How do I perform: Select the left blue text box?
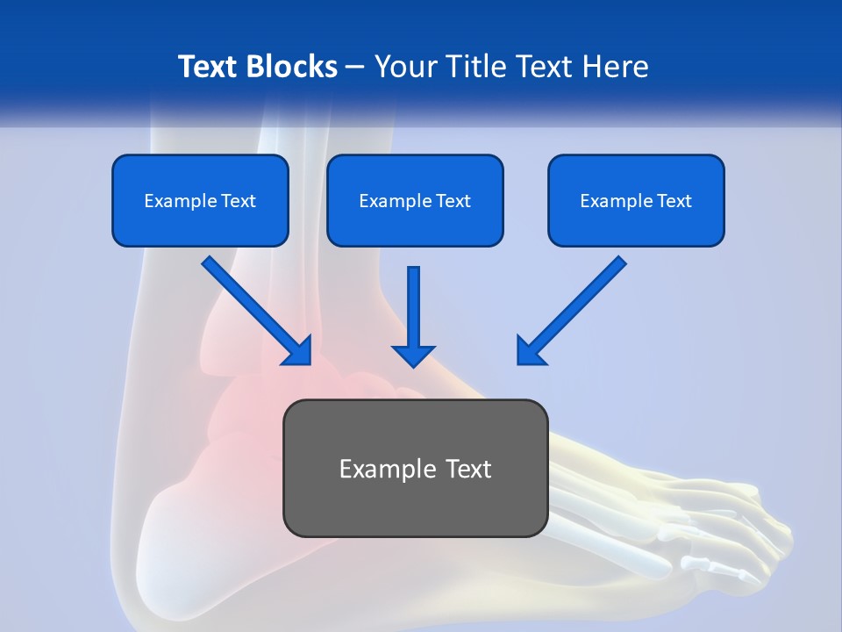pyautogui.click(x=200, y=200)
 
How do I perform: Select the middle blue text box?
pyautogui.click(x=415, y=200)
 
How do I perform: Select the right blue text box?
pyautogui.click(x=636, y=200)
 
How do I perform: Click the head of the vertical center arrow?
pyautogui.click(x=413, y=355)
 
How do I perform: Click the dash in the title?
pyautogui.click(x=355, y=67)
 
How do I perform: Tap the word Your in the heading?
pyautogui.click(x=405, y=67)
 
